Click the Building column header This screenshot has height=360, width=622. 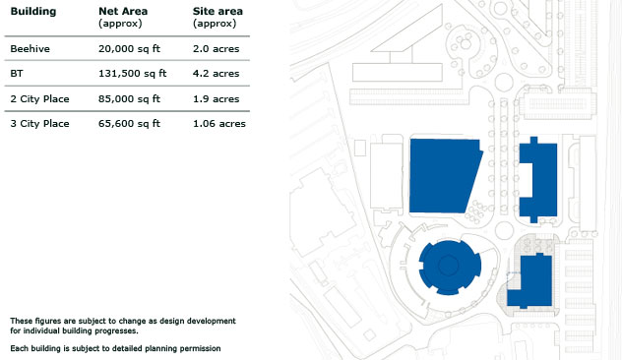tap(33, 11)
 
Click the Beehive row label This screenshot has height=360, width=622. tap(31, 49)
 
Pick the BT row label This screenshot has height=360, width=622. tap(17, 74)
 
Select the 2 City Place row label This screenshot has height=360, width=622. tap(39, 98)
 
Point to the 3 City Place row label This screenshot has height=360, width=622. tap(39, 123)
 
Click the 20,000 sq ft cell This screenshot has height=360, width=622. tap(129, 49)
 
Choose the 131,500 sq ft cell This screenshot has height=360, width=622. tap(133, 74)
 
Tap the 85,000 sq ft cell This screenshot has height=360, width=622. tap(129, 98)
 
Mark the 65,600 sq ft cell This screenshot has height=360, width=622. tap(129, 123)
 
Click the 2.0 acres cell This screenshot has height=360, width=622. tap(217, 49)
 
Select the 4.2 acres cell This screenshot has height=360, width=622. tap(217, 74)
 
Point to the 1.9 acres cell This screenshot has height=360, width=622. tap(217, 98)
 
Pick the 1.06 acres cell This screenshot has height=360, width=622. tap(219, 123)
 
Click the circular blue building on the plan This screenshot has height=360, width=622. tap(450, 267)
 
